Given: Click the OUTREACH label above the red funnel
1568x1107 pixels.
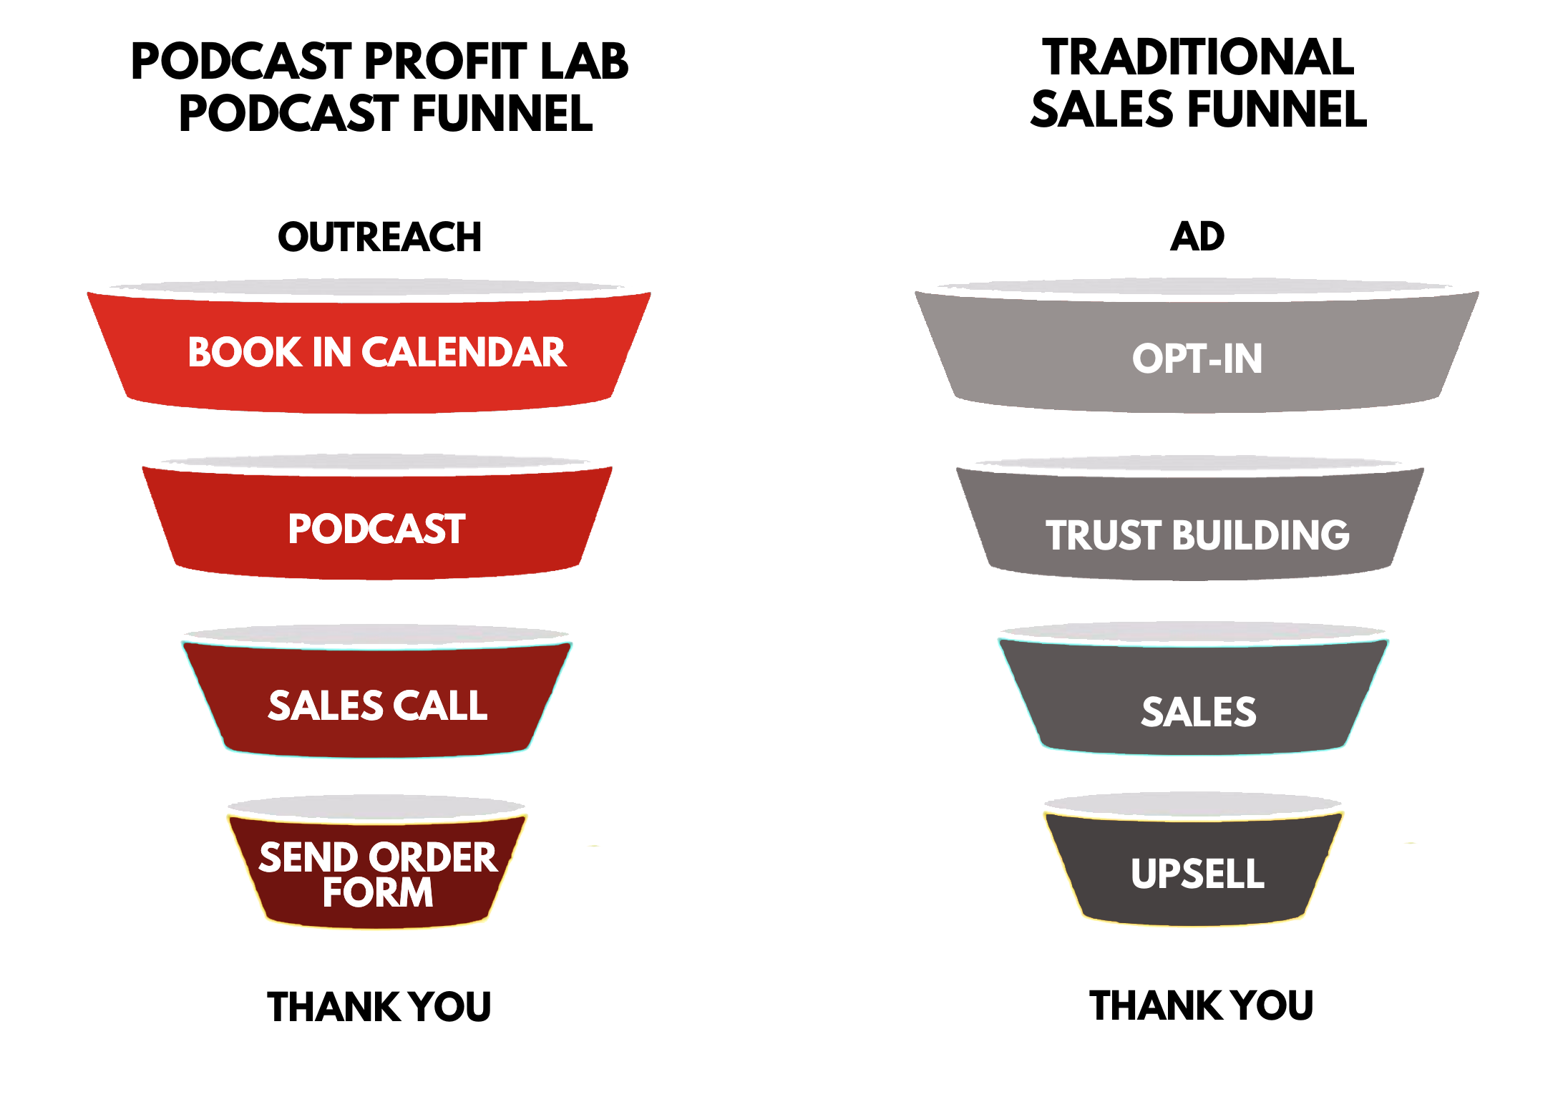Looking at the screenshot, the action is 379,237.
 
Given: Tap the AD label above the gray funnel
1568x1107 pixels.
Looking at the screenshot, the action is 1197,236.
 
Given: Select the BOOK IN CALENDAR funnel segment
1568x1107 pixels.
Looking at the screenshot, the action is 369,347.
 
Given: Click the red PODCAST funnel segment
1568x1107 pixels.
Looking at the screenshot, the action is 377,517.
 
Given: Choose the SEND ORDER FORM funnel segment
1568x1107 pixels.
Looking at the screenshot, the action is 377,862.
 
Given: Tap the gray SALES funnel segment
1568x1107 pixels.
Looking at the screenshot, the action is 1193,689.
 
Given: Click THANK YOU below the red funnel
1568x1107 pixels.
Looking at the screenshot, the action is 379,1007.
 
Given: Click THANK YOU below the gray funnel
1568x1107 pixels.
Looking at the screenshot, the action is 1201,1005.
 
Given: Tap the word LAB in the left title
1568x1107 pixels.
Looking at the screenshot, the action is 585,61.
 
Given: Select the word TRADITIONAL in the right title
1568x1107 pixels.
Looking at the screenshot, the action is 1198,57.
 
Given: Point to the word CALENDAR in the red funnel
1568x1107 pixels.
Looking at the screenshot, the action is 464,352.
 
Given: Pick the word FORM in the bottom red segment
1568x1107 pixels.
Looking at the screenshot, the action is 378,892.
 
